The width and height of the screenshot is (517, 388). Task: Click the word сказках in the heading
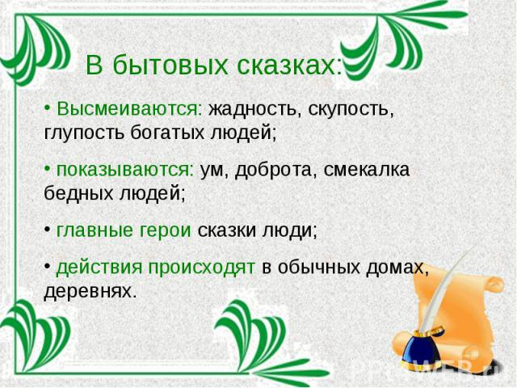[x=289, y=65]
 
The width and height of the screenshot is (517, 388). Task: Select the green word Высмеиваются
[x=129, y=108]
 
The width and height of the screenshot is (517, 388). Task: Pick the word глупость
[x=84, y=133]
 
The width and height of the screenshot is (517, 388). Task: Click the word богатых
[x=167, y=133]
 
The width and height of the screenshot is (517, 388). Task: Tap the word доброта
[x=273, y=170]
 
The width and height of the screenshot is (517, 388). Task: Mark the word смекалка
[x=367, y=170]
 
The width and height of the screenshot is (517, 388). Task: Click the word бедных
[x=78, y=192]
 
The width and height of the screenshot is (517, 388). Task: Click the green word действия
[x=99, y=268]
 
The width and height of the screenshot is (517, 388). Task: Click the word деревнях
[x=90, y=292]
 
